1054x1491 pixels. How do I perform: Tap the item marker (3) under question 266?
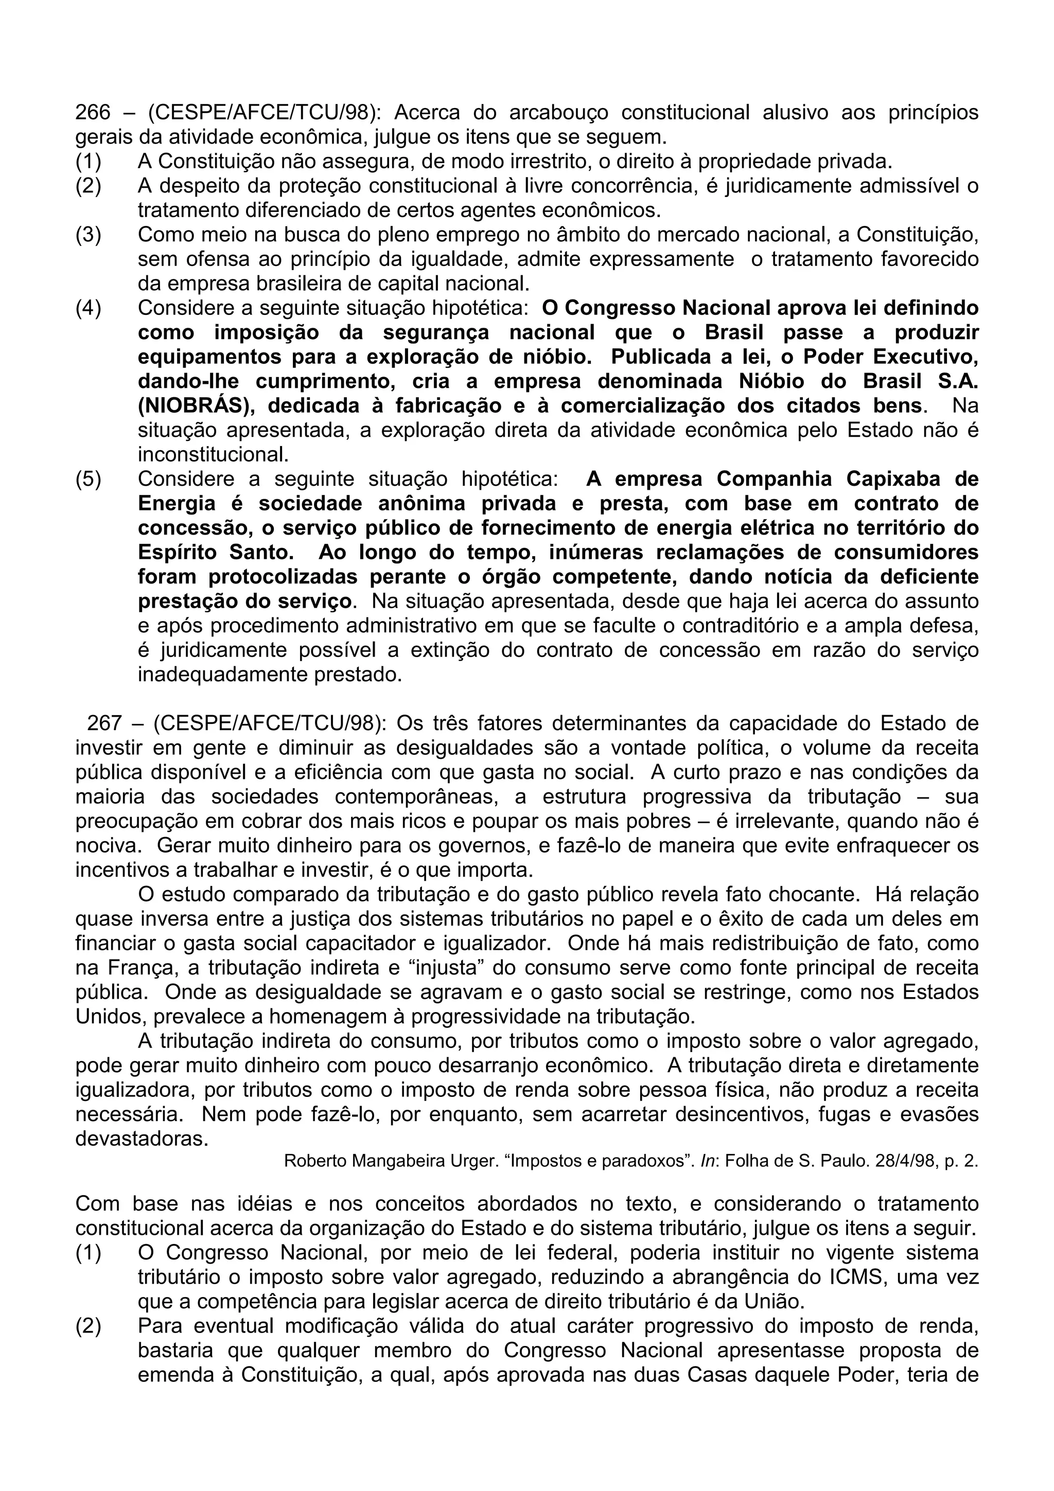tap(89, 235)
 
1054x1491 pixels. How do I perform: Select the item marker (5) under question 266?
tap(89, 480)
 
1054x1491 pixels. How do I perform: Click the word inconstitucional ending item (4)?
tap(213, 455)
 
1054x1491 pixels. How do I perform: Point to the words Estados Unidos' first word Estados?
tap(937, 992)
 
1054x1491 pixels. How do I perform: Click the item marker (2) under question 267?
tap(89, 1325)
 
